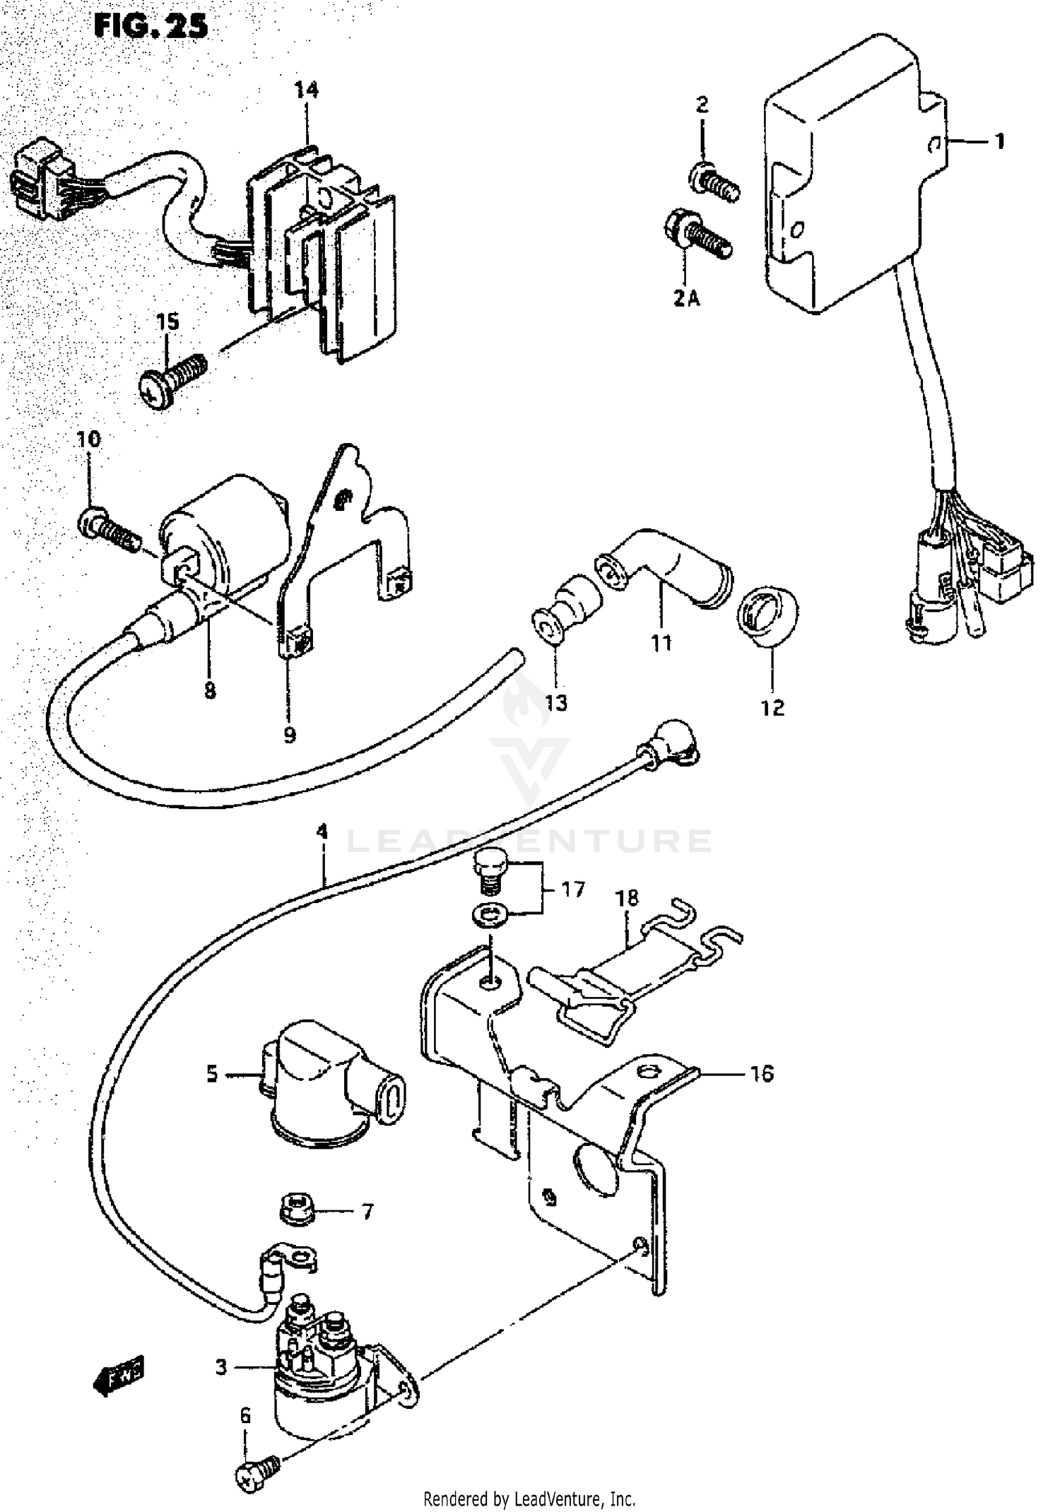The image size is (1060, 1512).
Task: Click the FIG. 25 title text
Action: (x=151, y=26)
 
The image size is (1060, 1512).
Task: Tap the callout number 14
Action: (x=307, y=90)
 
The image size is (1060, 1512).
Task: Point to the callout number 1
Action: (x=999, y=142)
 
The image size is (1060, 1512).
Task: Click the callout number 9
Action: (x=290, y=735)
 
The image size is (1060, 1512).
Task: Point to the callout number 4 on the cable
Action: (x=322, y=832)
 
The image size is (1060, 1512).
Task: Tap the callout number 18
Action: (x=627, y=898)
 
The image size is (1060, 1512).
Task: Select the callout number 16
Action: (x=762, y=1075)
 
